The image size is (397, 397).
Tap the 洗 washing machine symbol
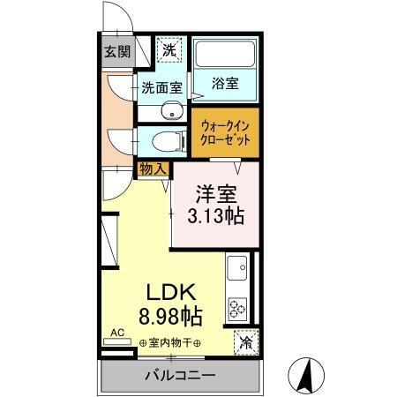click(x=169, y=50)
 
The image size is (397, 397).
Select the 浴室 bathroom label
click(x=225, y=85)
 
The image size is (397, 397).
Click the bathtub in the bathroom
click(x=226, y=55)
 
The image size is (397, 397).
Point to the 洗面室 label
click(x=162, y=88)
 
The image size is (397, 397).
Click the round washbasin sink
click(x=173, y=111)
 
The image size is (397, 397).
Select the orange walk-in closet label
click(x=226, y=133)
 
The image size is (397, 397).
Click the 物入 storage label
click(x=152, y=168)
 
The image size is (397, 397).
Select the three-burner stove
click(x=237, y=307)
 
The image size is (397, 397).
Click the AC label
click(x=115, y=335)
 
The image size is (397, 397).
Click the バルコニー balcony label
click(x=180, y=376)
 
